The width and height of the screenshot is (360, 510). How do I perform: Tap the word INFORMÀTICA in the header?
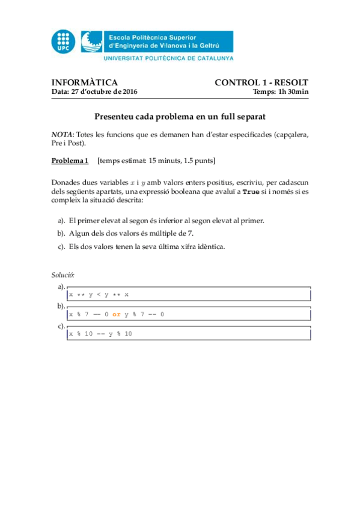pos(84,82)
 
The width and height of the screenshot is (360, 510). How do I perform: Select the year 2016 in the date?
pos(129,91)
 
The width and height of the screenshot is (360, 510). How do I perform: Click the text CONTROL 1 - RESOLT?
pos(261,82)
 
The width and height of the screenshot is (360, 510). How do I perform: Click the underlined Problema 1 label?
pos(70,161)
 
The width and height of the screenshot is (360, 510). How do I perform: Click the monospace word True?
pos(251,191)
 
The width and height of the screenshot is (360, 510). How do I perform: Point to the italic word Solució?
pos(63,275)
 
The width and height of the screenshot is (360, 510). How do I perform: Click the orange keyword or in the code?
pos(117,315)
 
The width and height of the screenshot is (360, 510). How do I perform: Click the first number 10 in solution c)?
pos(88,334)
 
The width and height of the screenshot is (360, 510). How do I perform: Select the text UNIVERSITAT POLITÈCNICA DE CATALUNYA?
pos(168,58)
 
